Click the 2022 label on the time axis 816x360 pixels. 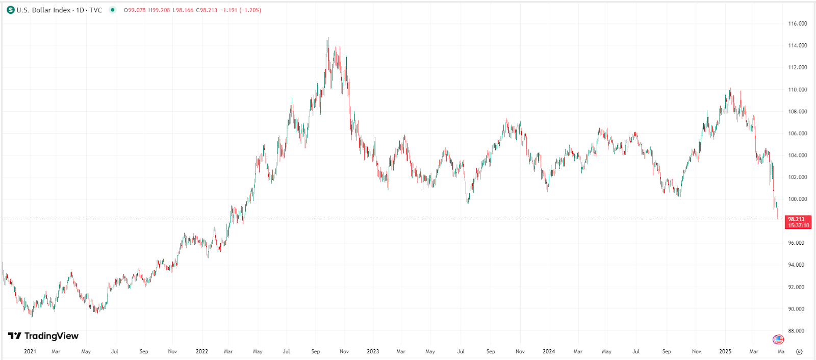(x=202, y=351)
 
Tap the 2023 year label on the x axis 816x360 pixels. (x=373, y=351)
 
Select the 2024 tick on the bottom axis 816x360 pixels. (x=549, y=351)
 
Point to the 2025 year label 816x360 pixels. (x=725, y=351)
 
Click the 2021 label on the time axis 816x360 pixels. (x=30, y=351)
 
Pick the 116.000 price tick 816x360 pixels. (x=798, y=23)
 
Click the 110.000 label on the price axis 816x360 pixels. (x=798, y=90)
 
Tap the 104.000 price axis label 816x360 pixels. (x=798, y=156)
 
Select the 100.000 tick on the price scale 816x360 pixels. (x=798, y=199)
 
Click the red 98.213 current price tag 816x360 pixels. (x=796, y=219)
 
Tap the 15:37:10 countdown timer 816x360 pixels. (x=798, y=225)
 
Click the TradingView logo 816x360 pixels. (x=43, y=336)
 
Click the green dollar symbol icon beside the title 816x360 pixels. (x=11, y=10)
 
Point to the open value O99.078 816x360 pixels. (x=135, y=10)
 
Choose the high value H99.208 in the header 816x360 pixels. (x=159, y=10)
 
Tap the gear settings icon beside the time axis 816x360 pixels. (x=799, y=351)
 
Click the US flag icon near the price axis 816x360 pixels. (x=778, y=340)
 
